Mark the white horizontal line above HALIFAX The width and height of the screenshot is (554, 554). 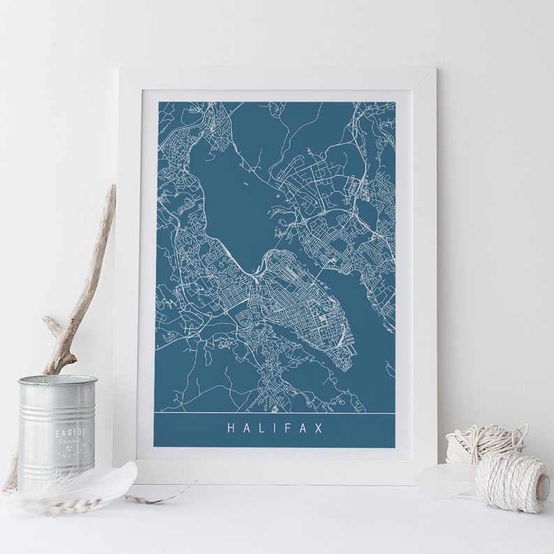click(x=274, y=413)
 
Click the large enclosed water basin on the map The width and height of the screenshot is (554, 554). click(x=230, y=195)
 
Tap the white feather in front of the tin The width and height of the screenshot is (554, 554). click(x=105, y=481)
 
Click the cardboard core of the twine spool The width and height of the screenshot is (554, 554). click(x=541, y=486)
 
